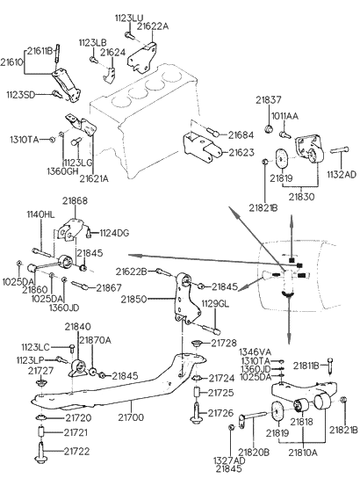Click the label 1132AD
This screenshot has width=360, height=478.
tap(342, 174)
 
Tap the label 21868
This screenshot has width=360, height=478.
tap(75, 201)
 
